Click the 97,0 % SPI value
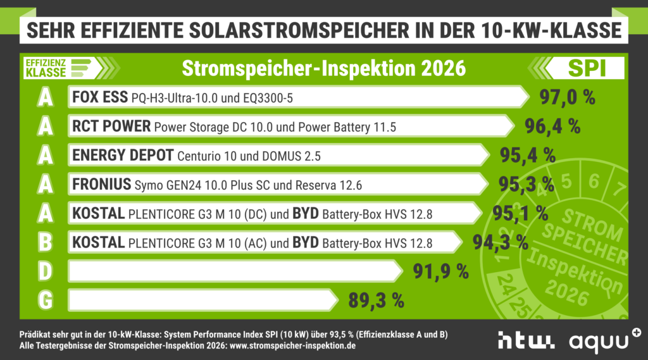[x=568, y=98]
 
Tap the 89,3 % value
[x=376, y=300]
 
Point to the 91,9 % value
[x=440, y=271]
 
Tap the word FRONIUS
[x=102, y=185]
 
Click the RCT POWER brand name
[x=111, y=127]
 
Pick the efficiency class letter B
[x=45, y=242]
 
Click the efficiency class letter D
[x=45, y=271]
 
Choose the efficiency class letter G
[x=45, y=300]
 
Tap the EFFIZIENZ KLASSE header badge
[x=57, y=68]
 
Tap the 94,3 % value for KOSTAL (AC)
[x=500, y=242]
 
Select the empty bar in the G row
[x=202, y=300]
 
